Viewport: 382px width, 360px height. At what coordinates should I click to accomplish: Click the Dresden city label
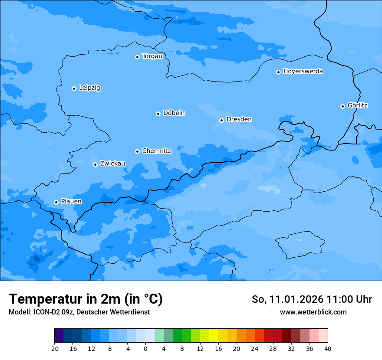(x=239, y=119)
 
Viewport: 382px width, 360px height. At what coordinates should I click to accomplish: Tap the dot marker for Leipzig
(x=74, y=88)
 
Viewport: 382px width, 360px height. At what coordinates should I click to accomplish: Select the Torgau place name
(x=152, y=56)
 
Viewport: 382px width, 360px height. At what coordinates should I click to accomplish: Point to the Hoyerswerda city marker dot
(x=278, y=72)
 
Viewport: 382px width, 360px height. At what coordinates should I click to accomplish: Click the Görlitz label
(x=358, y=105)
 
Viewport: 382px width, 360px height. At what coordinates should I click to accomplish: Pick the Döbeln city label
(x=174, y=113)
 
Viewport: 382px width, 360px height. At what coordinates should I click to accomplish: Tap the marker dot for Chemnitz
(x=137, y=151)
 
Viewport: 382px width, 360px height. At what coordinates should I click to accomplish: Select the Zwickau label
(x=112, y=164)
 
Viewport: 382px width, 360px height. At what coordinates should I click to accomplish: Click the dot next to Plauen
(x=56, y=202)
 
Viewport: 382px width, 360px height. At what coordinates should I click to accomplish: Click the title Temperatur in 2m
(x=86, y=299)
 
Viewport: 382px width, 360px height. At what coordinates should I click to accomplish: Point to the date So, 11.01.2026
(x=287, y=299)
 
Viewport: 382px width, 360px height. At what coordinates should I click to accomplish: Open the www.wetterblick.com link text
(x=313, y=312)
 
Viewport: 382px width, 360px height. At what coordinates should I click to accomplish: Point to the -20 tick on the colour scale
(x=54, y=348)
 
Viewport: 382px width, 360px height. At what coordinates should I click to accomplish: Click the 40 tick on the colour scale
(x=328, y=348)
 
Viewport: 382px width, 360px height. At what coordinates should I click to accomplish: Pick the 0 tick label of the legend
(x=145, y=348)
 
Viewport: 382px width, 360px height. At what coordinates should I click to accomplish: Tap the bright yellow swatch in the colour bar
(x=214, y=336)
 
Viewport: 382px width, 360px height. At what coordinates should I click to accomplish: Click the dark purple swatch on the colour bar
(x=59, y=336)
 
